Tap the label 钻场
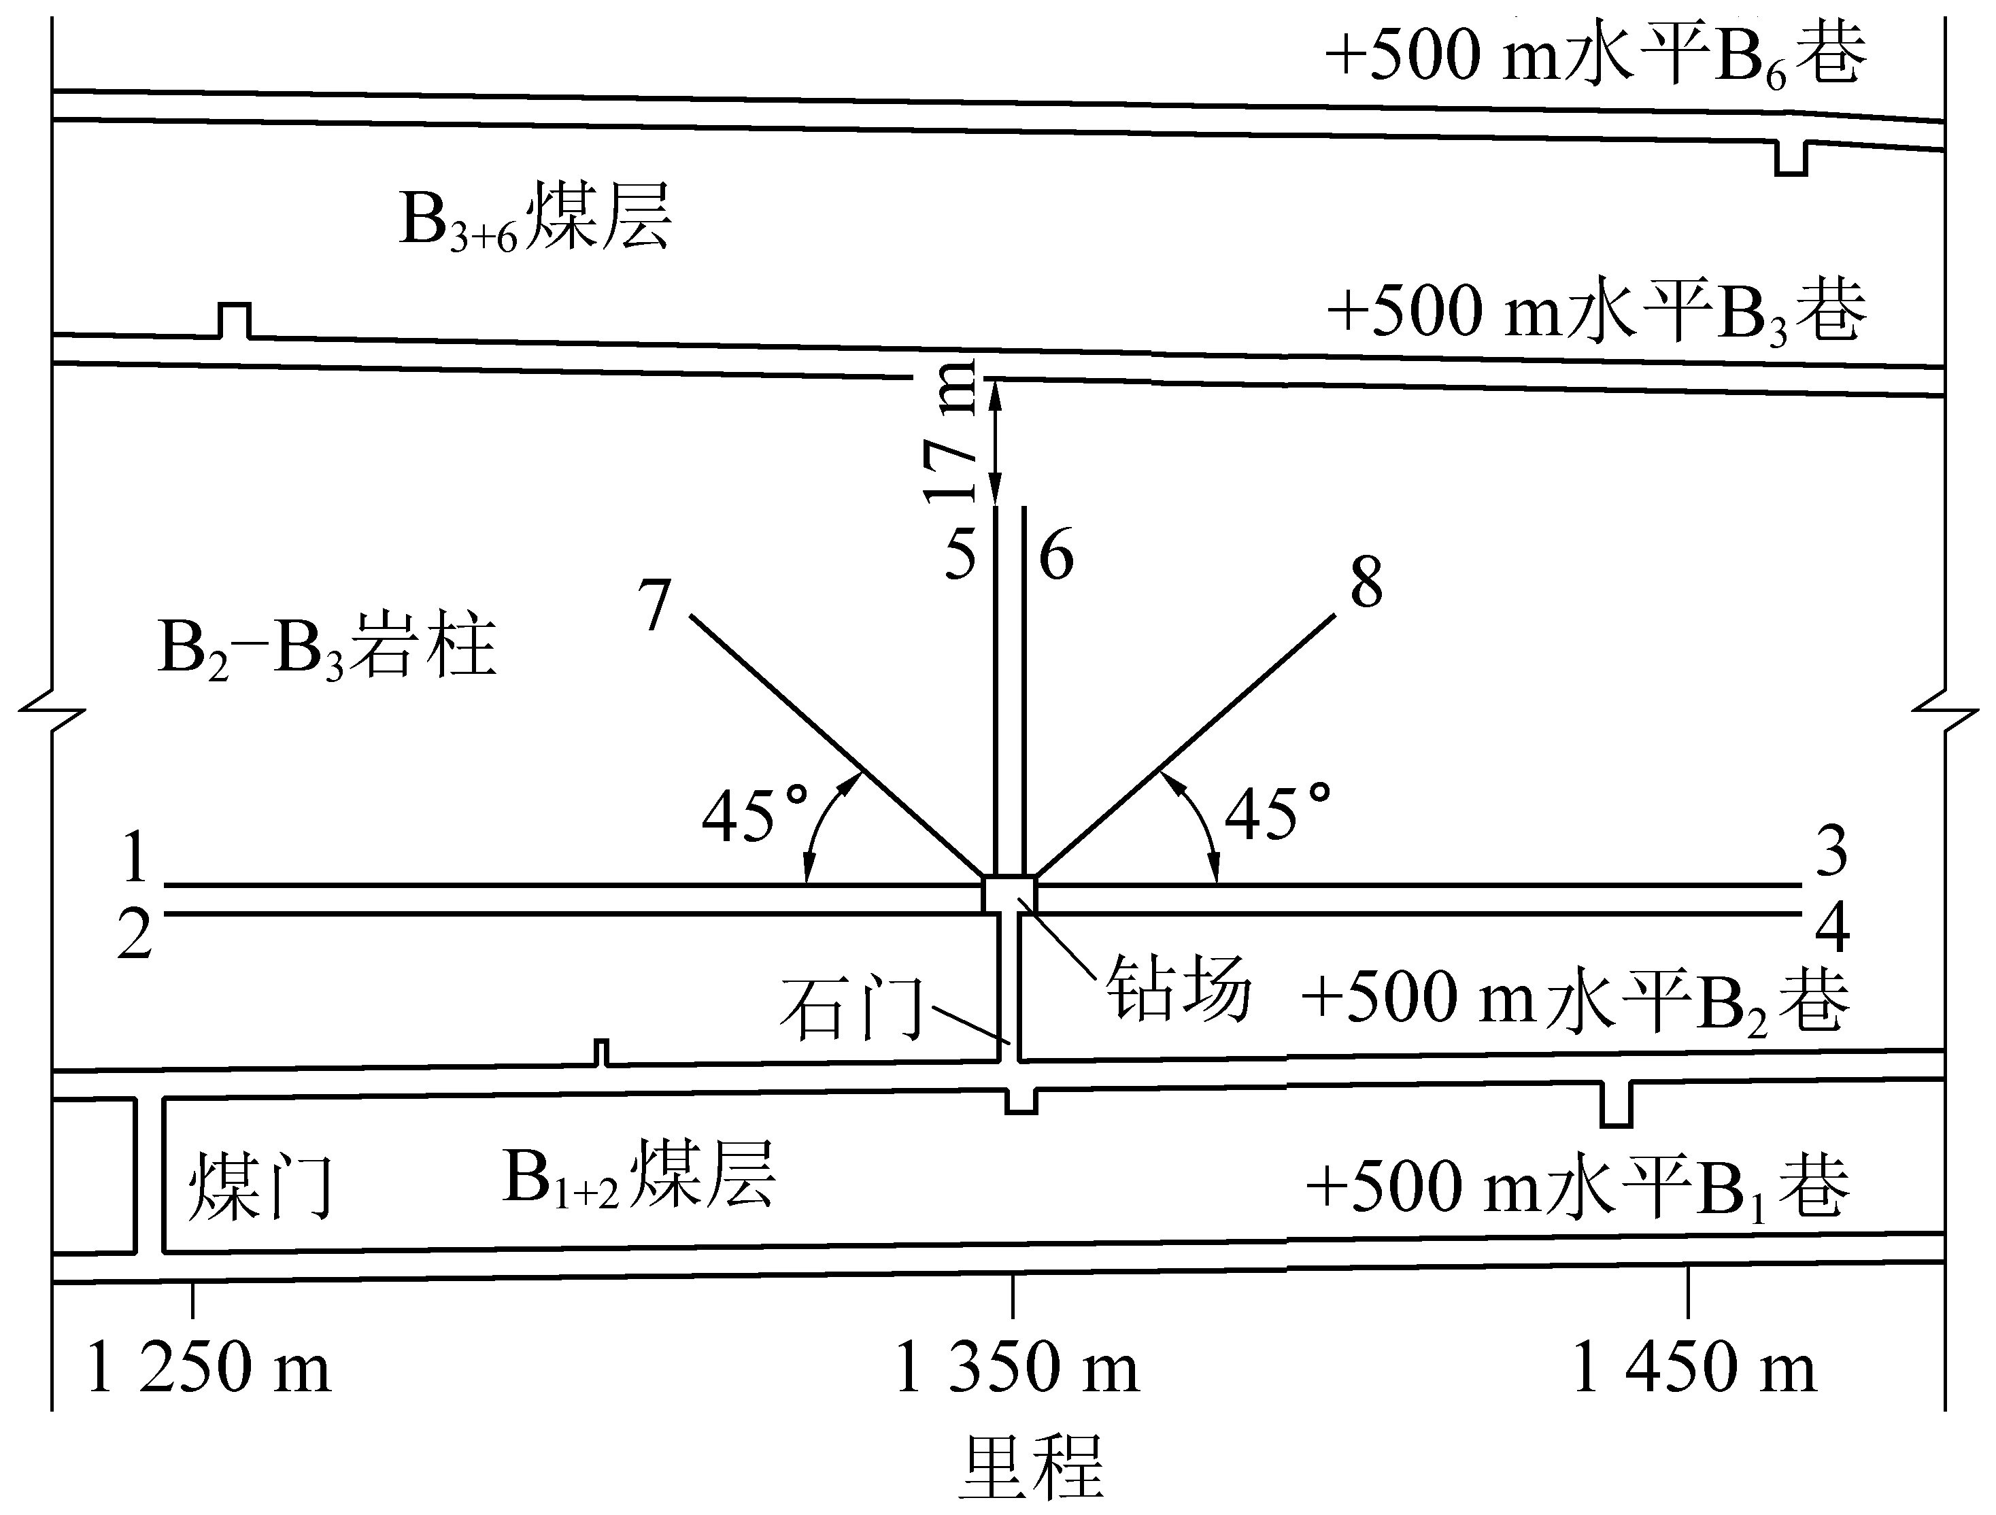[x=1179, y=988]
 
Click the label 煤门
[x=260, y=1186]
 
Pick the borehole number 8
[x=1366, y=582]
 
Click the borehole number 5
[x=960, y=555]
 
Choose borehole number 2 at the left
[x=135, y=935]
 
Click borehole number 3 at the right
[x=1831, y=851]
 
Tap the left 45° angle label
[x=754, y=815]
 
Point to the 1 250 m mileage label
[x=209, y=1367]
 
